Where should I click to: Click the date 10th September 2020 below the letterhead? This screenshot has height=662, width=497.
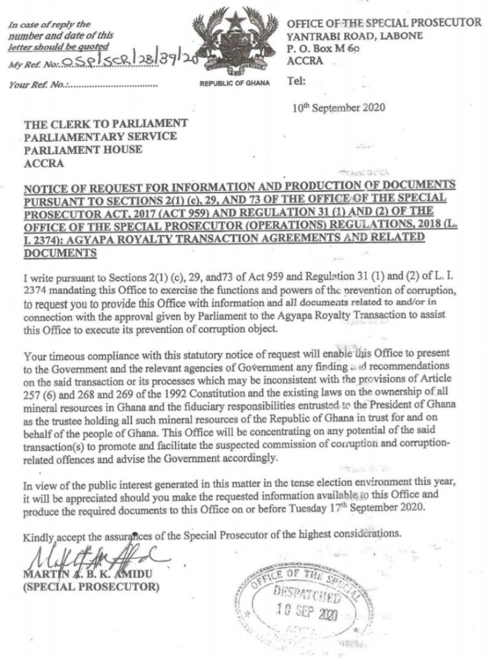[338, 108]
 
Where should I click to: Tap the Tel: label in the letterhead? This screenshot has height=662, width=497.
[296, 81]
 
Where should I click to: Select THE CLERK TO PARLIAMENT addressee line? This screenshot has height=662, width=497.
[106, 123]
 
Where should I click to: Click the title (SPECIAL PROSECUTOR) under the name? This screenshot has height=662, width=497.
[91, 587]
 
